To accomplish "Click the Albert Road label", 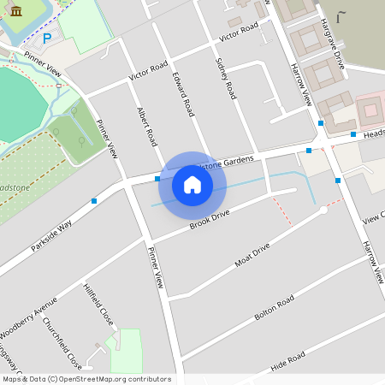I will [147, 126].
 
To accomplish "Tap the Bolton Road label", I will [274, 308].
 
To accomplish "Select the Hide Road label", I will [287, 358].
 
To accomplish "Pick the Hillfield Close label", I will [98, 304].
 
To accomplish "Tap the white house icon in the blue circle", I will [192, 184].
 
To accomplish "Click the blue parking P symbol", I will [47, 38].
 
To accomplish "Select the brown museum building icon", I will [17, 9].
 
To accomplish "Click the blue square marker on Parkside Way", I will [94, 201].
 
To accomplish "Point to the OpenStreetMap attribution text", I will [86, 379].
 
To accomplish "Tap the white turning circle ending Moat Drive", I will [323, 210].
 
